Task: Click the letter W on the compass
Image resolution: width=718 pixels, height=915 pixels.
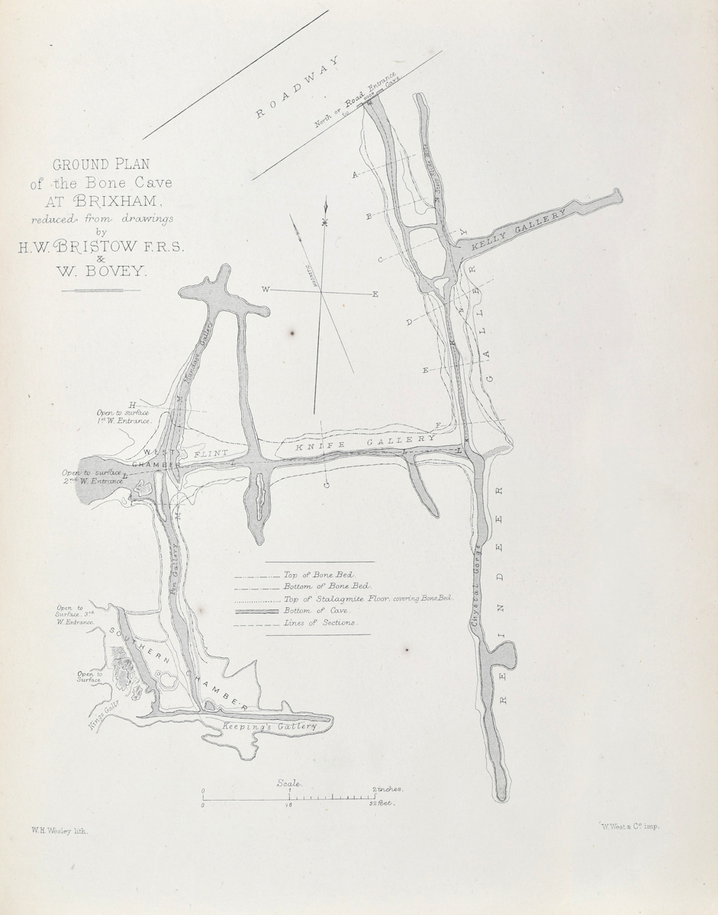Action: [x=266, y=290]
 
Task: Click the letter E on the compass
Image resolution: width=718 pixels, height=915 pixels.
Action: [x=374, y=294]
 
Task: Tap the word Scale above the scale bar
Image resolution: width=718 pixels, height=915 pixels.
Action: [x=289, y=783]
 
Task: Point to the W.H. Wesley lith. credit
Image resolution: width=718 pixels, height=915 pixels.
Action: [x=60, y=833]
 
